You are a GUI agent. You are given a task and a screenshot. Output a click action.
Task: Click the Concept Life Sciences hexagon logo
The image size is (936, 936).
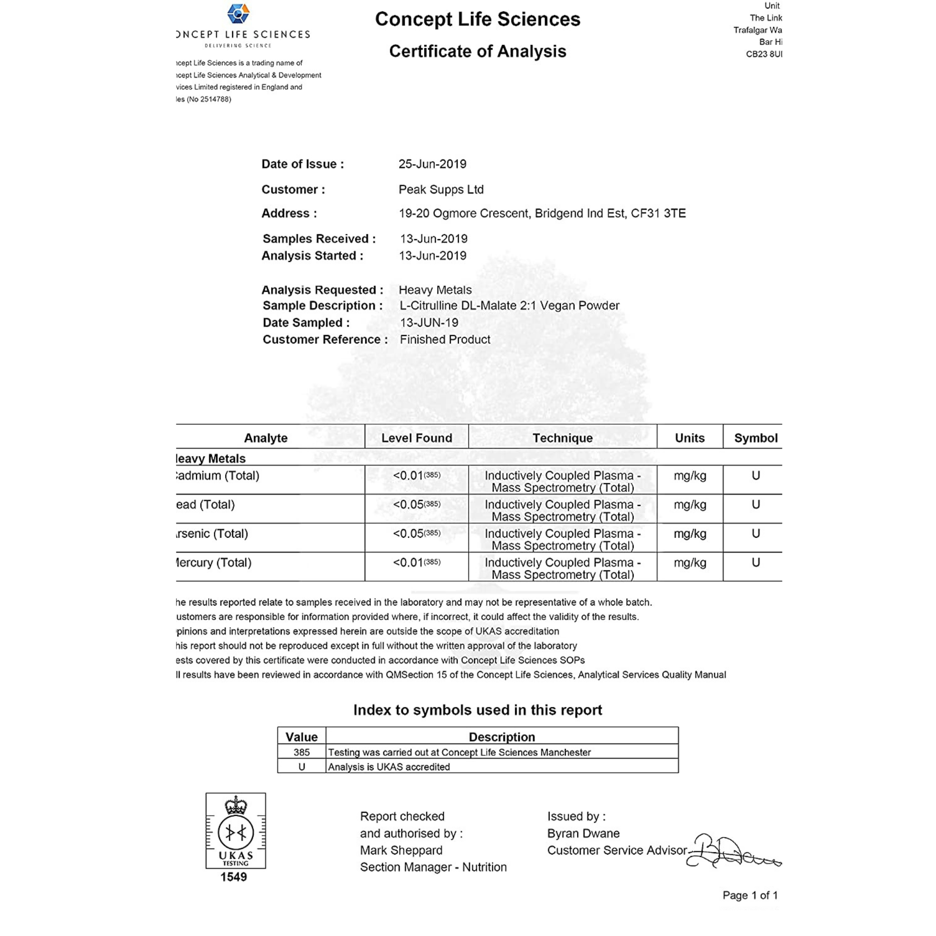[x=238, y=14]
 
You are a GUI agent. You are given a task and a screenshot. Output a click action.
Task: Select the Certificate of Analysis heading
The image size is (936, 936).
[x=477, y=51]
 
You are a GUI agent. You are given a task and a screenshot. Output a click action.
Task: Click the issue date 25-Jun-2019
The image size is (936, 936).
[x=432, y=164]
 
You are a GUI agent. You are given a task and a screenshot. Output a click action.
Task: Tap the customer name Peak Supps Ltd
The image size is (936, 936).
[x=441, y=190]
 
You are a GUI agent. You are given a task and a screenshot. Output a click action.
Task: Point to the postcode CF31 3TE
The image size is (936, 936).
[x=658, y=214]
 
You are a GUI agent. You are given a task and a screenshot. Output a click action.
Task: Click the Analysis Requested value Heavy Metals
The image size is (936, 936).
[x=435, y=290]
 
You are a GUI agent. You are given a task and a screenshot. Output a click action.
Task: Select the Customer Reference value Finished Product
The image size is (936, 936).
[x=445, y=340]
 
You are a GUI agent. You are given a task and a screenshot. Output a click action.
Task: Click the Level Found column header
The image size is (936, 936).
[x=417, y=438]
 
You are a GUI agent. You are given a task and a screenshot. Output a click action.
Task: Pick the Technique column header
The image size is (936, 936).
[x=563, y=438]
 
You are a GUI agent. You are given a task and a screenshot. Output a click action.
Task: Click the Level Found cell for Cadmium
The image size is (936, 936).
[x=417, y=476]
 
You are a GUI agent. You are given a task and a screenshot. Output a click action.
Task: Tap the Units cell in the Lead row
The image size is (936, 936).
[x=690, y=505]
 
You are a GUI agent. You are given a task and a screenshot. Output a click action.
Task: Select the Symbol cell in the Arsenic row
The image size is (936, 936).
[x=755, y=534]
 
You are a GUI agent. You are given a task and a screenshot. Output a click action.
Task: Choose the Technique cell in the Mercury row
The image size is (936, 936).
[x=563, y=568]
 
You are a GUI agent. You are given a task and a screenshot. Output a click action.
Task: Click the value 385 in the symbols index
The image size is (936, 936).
[x=301, y=753]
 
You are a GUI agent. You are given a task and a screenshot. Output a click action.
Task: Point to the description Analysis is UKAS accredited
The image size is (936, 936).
[x=389, y=767]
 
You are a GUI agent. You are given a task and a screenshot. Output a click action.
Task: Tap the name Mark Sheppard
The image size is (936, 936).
[x=401, y=850]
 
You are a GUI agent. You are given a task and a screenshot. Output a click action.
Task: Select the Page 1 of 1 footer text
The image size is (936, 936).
[x=750, y=895]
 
